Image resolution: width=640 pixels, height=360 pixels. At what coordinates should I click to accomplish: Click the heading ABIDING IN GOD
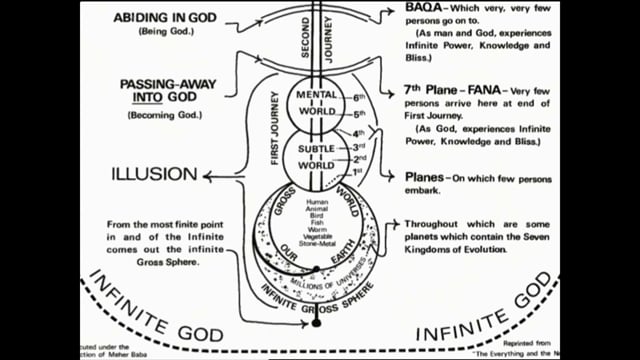tap(167, 18)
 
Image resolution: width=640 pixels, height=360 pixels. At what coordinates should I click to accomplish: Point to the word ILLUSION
tap(152, 177)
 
